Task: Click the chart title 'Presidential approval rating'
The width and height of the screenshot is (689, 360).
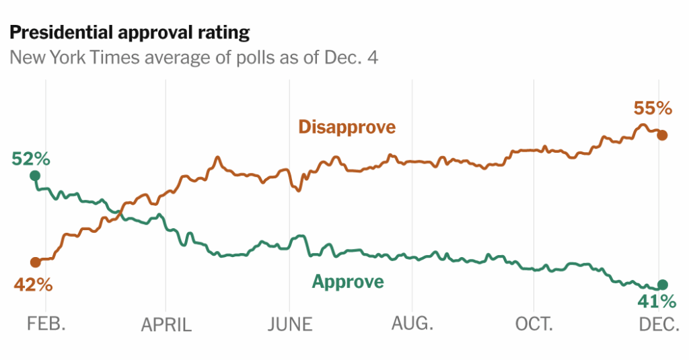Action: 129,32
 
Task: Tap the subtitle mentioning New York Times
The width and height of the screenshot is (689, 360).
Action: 193,58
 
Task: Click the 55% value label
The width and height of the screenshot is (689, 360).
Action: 653,108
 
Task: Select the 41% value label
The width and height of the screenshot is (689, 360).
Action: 656,301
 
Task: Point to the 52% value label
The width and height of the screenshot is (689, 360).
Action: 30,159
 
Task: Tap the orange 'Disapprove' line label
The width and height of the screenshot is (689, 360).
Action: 347,127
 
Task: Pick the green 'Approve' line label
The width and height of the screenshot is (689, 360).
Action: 348,281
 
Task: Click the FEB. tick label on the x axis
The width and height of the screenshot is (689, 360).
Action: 46,324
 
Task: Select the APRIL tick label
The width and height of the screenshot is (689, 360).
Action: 166,325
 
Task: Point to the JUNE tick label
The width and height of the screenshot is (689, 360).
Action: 290,324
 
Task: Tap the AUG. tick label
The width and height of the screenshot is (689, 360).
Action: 412,324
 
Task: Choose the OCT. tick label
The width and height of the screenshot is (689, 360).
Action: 534,324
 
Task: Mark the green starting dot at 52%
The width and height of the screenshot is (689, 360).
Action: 35,176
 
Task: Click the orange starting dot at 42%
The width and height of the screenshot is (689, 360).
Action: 35,262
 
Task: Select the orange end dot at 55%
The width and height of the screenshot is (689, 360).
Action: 662,135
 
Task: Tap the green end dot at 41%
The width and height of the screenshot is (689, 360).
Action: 662,285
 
